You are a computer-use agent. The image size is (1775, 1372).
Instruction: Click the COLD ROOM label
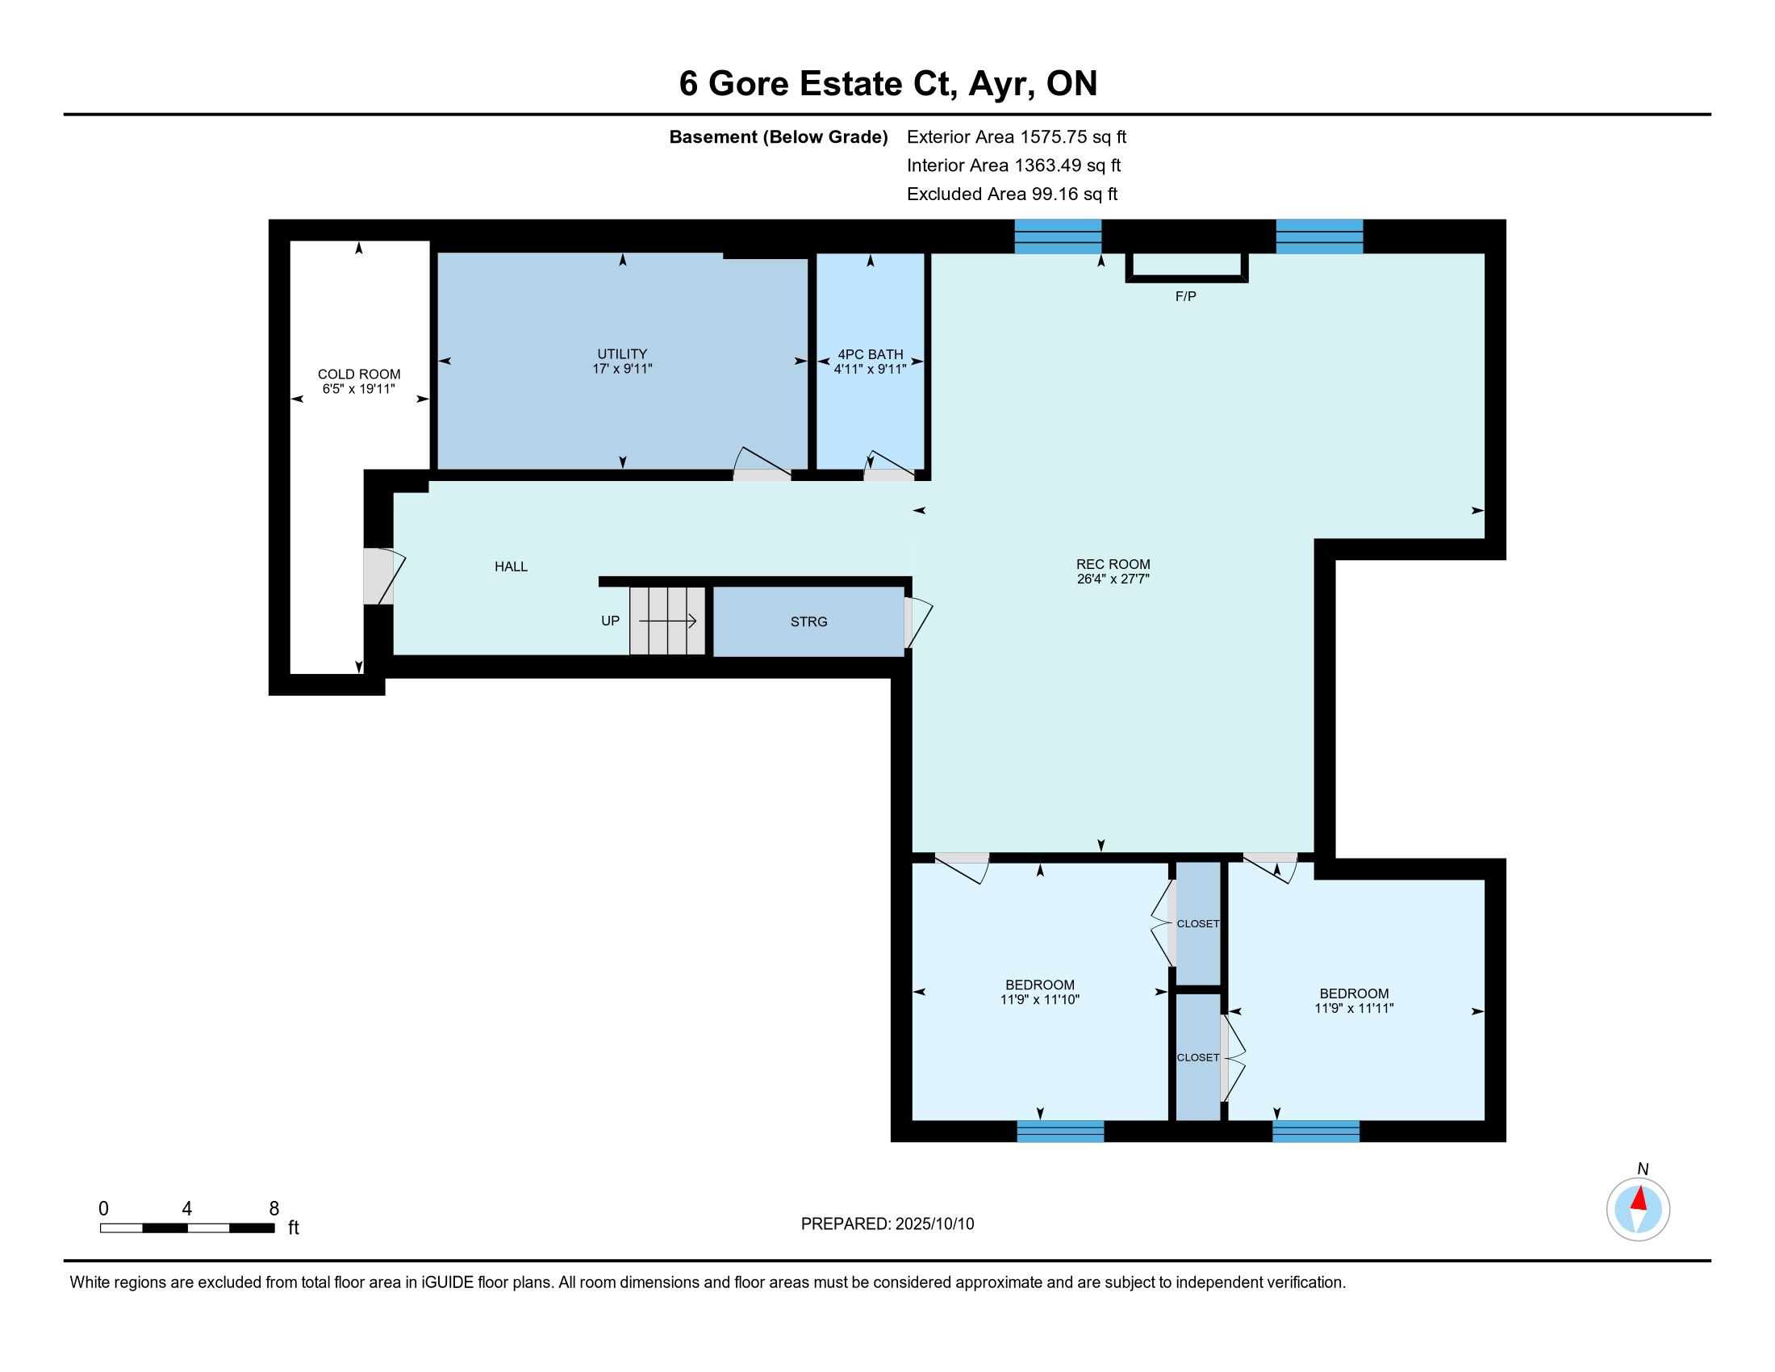point(358,374)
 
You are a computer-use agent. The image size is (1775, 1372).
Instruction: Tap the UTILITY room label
point(622,354)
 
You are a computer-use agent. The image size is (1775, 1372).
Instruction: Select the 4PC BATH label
point(871,354)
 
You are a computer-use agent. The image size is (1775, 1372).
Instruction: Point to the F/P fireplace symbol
point(1187,267)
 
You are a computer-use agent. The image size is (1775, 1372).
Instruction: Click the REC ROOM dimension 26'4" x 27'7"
point(1113,579)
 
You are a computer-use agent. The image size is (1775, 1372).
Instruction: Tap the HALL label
point(512,567)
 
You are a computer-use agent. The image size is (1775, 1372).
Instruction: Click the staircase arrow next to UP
point(667,621)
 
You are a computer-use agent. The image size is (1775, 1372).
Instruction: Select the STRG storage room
point(808,621)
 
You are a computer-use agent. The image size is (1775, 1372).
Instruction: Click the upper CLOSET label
point(1198,923)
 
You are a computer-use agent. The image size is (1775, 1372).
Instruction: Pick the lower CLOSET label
point(1198,1057)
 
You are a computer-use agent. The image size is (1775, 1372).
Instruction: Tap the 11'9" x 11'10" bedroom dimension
point(1039,1000)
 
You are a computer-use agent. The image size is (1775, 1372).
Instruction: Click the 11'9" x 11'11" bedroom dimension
point(1354,1008)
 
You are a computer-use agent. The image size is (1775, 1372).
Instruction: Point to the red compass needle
point(1639,1198)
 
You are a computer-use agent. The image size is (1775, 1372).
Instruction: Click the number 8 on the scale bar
point(274,1209)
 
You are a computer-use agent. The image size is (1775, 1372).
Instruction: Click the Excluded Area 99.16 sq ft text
point(1012,195)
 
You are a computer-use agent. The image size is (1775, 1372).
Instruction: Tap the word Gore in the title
point(749,84)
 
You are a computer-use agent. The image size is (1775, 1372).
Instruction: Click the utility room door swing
point(762,460)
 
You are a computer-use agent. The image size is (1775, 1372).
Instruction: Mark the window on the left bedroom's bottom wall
point(1061,1131)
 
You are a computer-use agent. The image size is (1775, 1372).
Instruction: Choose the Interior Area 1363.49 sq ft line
point(1013,165)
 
